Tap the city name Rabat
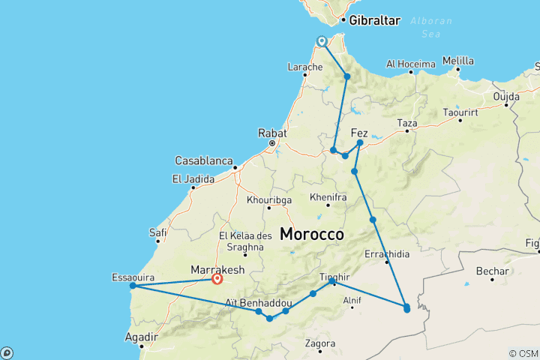272,132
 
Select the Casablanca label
204,160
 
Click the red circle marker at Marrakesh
217,279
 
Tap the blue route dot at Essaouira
133,285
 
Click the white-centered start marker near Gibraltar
321,41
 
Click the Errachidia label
386,253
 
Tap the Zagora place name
320,344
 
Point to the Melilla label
458,61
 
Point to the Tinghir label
335,276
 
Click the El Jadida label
193,178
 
